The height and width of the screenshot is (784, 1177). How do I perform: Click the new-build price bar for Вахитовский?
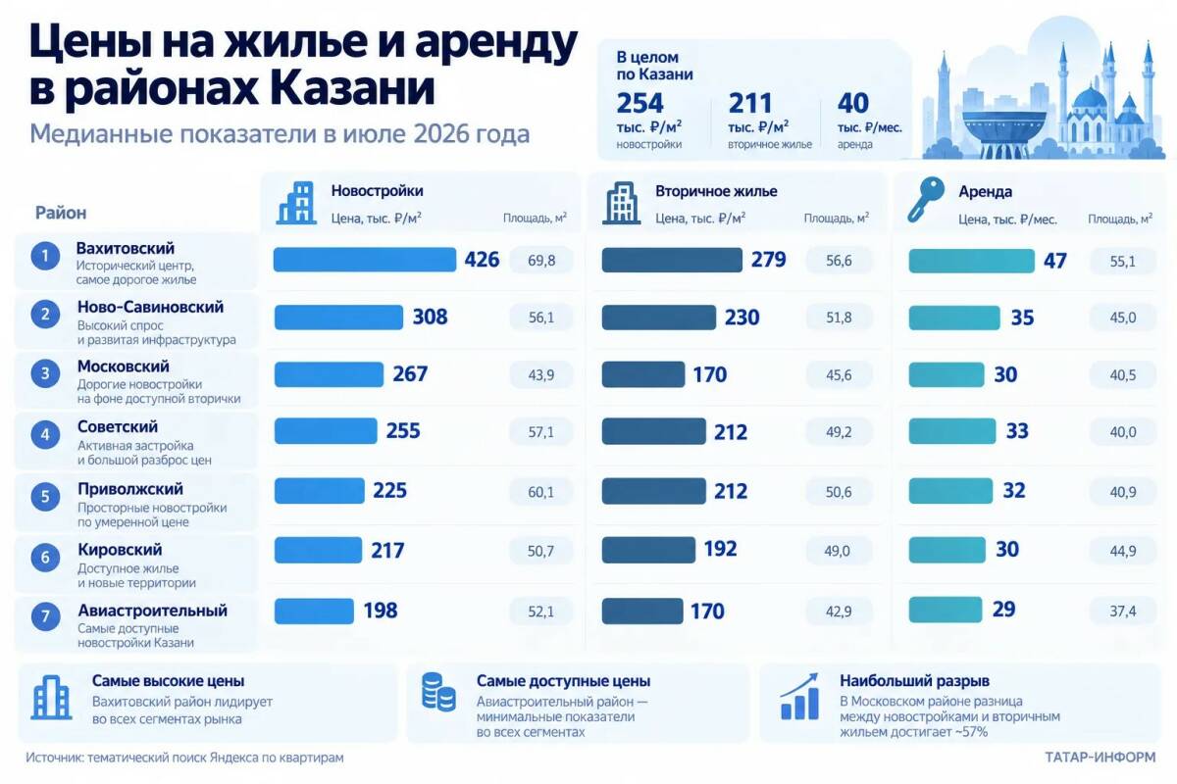coord(365,260)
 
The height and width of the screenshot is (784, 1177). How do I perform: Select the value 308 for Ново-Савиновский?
coord(430,317)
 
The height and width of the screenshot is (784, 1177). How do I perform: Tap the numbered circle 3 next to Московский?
coord(45,373)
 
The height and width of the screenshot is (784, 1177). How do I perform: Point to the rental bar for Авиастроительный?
coord(946,610)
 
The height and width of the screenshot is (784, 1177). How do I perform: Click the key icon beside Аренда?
coord(925,200)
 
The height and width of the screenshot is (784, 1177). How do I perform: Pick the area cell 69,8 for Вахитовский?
coord(541,260)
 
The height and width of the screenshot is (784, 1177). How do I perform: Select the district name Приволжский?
coord(130,489)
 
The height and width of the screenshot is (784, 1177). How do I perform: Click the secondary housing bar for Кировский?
coord(648,550)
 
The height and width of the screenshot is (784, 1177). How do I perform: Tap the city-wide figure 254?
coord(640,103)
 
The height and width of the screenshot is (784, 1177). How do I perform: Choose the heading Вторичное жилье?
coord(716,191)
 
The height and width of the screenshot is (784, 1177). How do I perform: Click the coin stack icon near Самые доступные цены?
coord(438,692)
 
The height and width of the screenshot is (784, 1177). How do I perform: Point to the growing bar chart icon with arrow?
coord(799,696)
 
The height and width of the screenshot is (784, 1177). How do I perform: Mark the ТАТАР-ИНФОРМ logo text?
coord(1100,758)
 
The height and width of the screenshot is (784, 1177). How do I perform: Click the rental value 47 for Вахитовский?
coord(1055,261)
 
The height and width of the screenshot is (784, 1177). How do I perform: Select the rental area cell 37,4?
coord(1123,612)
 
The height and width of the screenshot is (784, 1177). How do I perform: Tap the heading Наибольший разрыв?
coord(914,680)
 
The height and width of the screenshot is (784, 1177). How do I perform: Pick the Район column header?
coord(61,213)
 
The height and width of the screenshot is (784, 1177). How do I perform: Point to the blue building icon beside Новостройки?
coord(297,203)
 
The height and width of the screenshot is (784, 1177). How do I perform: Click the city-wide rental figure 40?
coord(852,103)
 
